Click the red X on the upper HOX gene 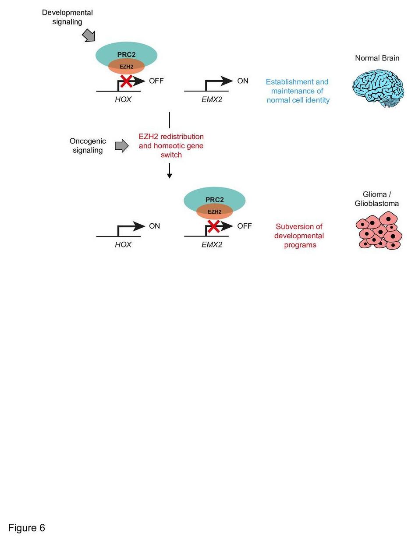tap(127, 81)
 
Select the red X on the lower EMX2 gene tap(213, 226)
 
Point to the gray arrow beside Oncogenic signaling tap(121, 146)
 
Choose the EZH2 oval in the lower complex tap(214, 212)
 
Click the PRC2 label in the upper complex tap(126, 55)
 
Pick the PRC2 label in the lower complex tap(214, 200)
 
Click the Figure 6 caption tap(27, 528)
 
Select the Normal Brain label tap(377, 58)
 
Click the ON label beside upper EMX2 tap(243, 81)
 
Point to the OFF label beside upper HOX tap(156, 81)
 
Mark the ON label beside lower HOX tap(155, 226)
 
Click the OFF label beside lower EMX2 tap(245, 226)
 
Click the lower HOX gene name tap(123, 244)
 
